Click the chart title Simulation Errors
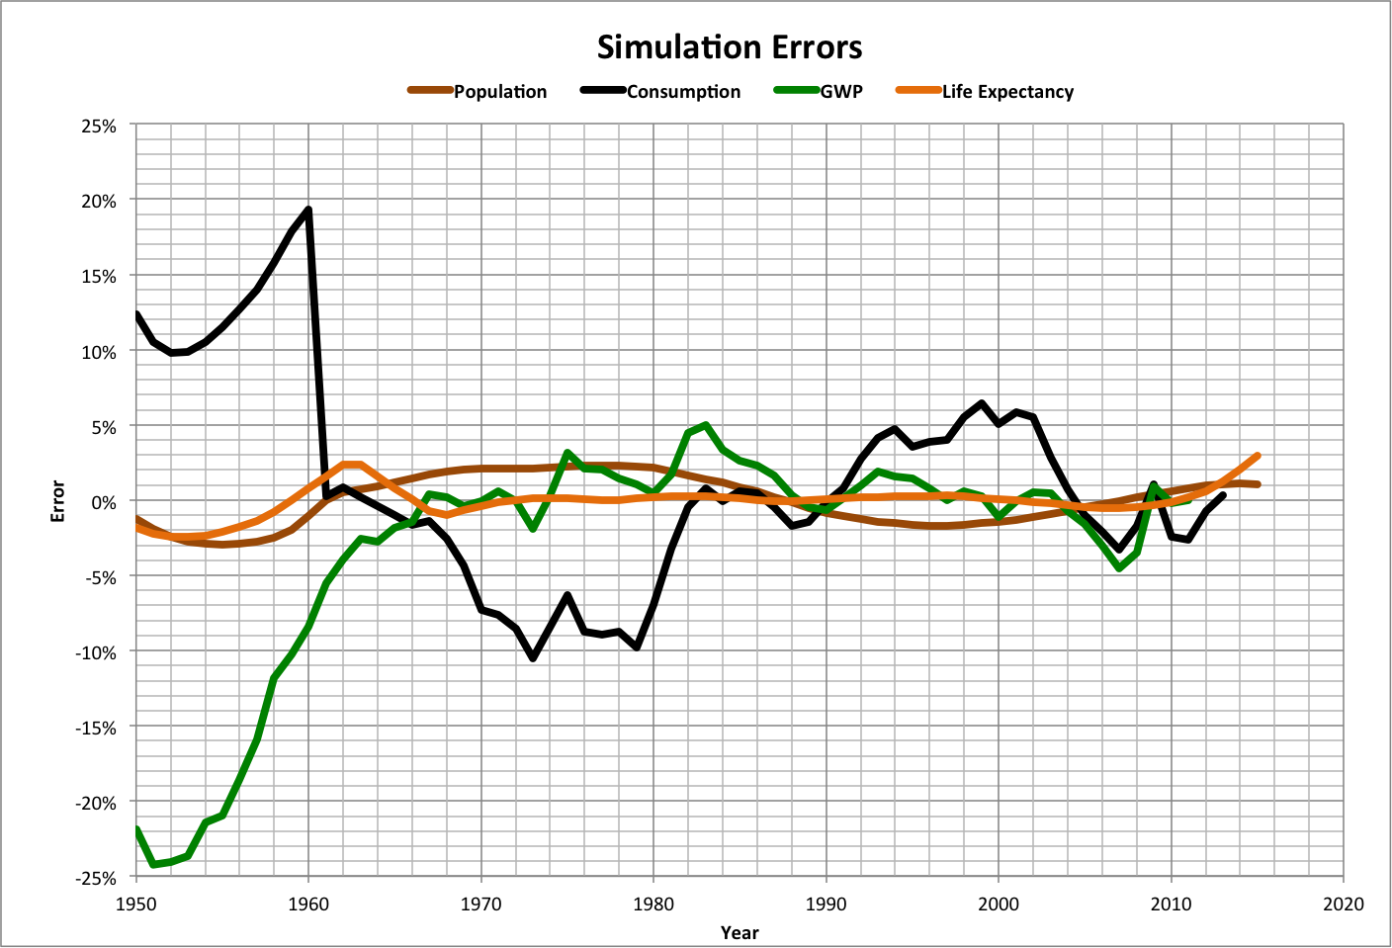(x=730, y=47)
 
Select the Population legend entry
(x=499, y=92)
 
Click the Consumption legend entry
(x=683, y=92)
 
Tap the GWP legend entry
(x=840, y=92)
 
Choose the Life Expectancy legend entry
(x=1006, y=92)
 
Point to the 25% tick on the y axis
(x=99, y=127)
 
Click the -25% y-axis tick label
(x=96, y=878)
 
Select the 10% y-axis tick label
(x=99, y=352)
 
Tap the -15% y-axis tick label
(x=96, y=728)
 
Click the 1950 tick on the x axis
(x=136, y=904)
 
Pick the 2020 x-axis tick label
(x=1343, y=904)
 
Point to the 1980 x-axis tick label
(x=653, y=904)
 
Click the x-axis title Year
(x=739, y=932)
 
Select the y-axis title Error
(x=58, y=501)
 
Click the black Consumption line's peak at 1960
(x=308, y=210)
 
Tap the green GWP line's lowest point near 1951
(x=153, y=864)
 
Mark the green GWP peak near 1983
(x=705, y=426)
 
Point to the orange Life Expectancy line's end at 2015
(x=1257, y=456)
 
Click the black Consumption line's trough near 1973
(x=533, y=657)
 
